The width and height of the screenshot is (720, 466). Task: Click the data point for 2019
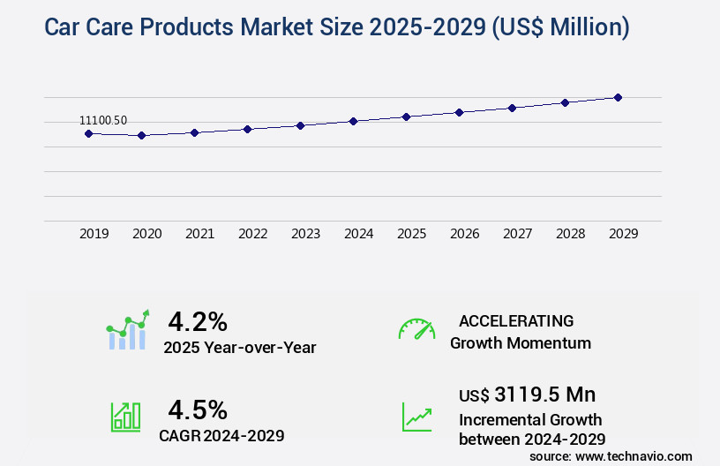[x=88, y=133]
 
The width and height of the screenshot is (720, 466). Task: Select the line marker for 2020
[x=141, y=136]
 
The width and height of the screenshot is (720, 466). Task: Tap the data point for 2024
[x=353, y=121]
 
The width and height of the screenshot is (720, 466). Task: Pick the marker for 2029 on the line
[x=618, y=97]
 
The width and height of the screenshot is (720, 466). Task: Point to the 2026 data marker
[x=459, y=112]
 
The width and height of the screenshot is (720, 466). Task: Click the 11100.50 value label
[x=103, y=120]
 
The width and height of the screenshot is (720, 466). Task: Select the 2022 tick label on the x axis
[x=252, y=234]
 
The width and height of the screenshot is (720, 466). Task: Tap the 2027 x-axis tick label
[x=517, y=234]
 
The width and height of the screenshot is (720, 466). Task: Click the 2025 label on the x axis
[x=411, y=234]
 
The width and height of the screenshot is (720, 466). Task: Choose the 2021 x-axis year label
[x=199, y=234]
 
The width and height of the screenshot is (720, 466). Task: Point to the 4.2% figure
[x=198, y=320]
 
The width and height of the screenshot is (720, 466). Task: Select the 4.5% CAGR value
[x=198, y=410]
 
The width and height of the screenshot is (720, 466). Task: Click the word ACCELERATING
[x=516, y=320]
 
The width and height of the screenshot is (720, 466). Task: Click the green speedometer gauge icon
[x=416, y=329]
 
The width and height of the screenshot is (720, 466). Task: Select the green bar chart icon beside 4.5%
[x=125, y=417]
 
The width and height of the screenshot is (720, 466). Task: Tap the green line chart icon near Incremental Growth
[x=416, y=417]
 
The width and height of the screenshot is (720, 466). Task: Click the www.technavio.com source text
[x=633, y=455]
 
